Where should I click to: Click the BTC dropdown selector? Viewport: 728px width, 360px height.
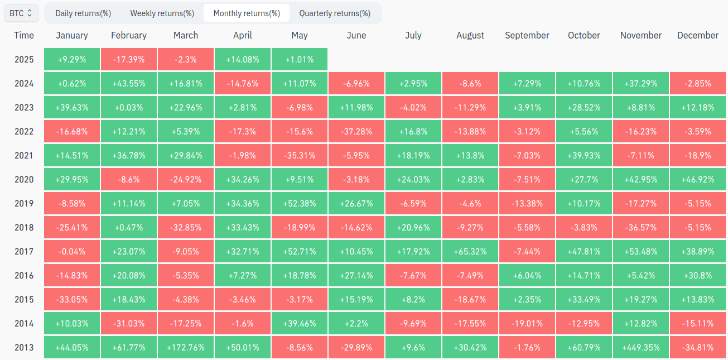tap(21, 13)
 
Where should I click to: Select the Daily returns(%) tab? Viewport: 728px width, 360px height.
tap(83, 13)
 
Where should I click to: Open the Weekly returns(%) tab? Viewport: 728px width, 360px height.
tap(162, 13)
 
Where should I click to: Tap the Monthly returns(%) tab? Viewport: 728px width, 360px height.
tap(247, 13)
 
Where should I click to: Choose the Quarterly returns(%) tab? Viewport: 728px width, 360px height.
tap(335, 13)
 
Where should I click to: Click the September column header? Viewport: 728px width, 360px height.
tap(527, 35)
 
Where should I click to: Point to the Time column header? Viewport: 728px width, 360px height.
tap(24, 35)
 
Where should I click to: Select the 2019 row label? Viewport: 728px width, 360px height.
tap(24, 204)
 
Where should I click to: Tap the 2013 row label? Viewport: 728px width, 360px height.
tap(24, 347)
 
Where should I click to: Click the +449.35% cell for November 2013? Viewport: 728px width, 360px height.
tap(641, 347)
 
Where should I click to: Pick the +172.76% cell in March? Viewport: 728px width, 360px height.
tap(186, 347)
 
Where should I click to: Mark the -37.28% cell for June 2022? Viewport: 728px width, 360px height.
tap(356, 131)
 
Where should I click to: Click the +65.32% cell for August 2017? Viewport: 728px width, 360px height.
tap(470, 251)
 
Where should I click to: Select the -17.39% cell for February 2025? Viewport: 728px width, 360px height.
tap(129, 59)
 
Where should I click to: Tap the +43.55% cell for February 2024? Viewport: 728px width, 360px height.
tap(129, 83)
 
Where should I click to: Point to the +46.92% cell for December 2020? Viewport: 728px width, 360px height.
tap(698, 179)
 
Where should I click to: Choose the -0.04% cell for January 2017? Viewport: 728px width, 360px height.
tap(72, 251)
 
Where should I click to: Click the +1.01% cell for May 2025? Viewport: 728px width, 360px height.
tap(300, 59)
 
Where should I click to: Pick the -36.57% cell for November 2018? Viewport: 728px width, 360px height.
tap(641, 227)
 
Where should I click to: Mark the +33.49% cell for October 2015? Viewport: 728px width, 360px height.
tap(584, 299)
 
